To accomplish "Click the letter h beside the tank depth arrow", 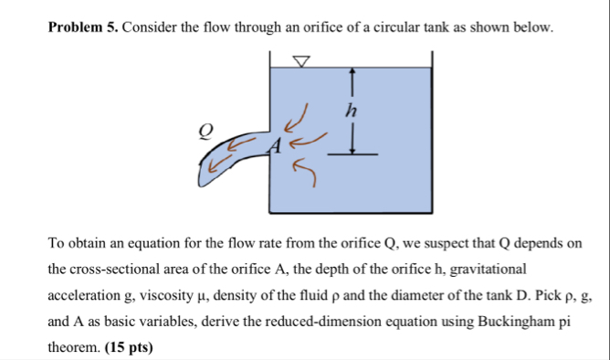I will (x=350, y=111).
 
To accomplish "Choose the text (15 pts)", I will (x=130, y=348).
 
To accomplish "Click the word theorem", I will (x=73, y=348).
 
